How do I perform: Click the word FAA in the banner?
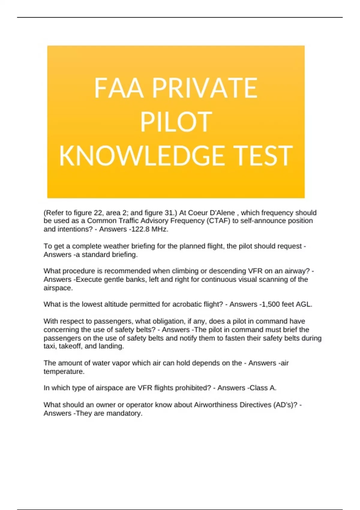tap(118, 88)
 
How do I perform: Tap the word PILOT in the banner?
tap(176, 122)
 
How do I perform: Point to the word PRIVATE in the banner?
tap(205, 88)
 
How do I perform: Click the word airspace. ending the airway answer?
tap(58, 288)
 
